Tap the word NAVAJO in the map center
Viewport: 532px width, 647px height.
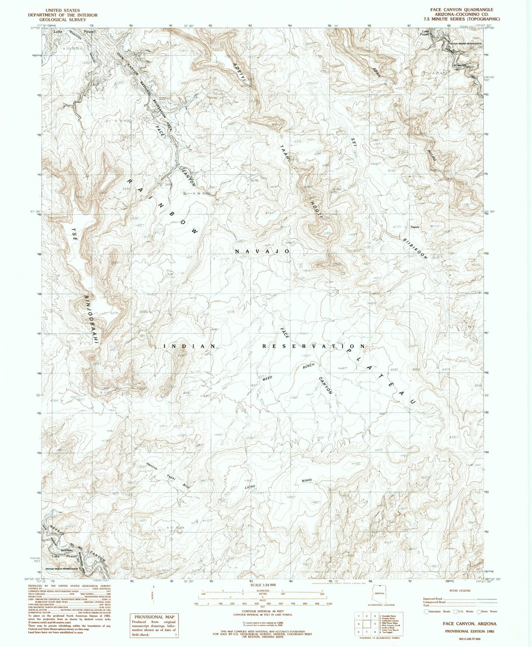pyautogui.click(x=262, y=251)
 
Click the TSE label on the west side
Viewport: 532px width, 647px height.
pyautogui.click(x=75, y=233)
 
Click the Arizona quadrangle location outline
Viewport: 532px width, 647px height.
pyautogui.click(x=379, y=595)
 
